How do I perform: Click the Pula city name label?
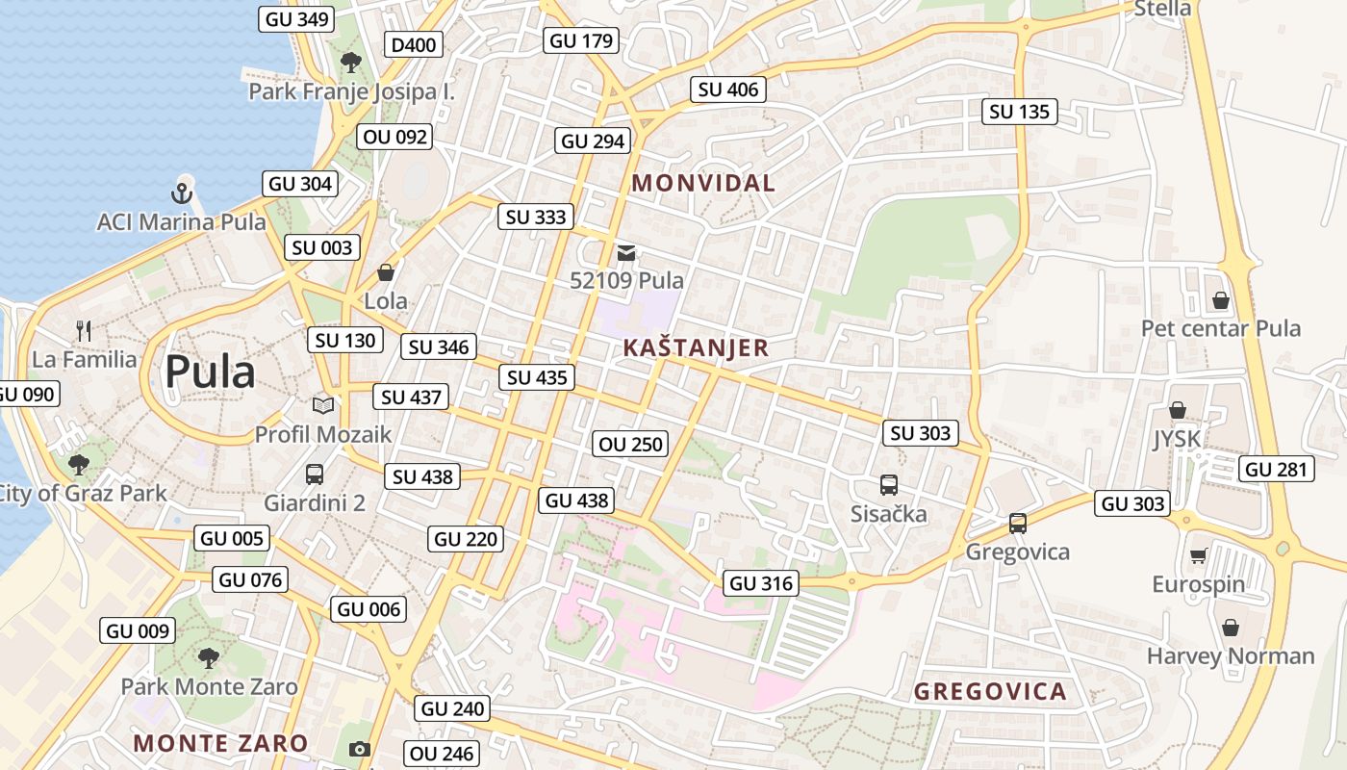coord(210,372)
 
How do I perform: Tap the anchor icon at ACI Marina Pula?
coord(182,192)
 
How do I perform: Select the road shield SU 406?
coord(728,90)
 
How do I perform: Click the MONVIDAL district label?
coord(703,183)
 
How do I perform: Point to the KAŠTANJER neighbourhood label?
coord(696,347)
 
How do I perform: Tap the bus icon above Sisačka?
coord(888,485)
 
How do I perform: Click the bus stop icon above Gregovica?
coord(1017,524)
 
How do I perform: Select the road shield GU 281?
coord(1276,469)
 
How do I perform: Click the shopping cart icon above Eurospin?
coord(1198,555)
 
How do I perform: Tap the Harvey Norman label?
coord(1230,656)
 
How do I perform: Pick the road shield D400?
coord(414,44)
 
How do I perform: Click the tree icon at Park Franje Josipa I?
coord(351,63)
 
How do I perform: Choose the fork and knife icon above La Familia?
coord(84,332)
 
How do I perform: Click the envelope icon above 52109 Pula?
coord(626,253)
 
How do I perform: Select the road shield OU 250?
coord(631,444)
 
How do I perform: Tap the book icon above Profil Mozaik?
coord(322,406)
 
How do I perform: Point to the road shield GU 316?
coord(761,582)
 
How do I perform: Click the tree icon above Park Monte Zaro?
coord(208,658)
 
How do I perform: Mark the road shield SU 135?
coord(1020,112)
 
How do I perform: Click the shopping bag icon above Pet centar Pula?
coord(1220,300)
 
